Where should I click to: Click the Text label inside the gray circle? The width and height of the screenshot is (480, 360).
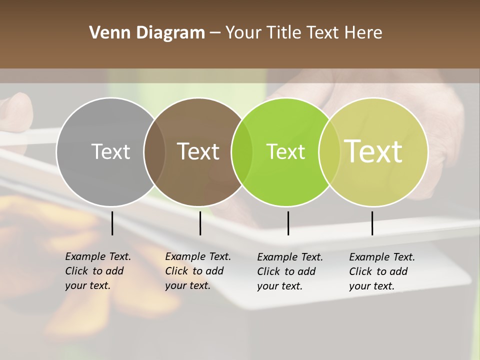(x=110, y=151)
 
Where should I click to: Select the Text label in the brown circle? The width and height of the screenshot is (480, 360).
(x=198, y=151)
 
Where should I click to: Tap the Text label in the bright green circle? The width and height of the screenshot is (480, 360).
(x=285, y=151)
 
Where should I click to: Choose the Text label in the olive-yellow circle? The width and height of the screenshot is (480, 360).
(x=373, y=151)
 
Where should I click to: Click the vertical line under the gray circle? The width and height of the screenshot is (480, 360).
(x=112, y=223)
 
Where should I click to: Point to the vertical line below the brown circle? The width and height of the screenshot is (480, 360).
(x=200, y=223)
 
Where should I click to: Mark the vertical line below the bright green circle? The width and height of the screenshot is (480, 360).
(x=288, y=223)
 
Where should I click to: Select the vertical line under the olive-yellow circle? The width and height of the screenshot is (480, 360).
(x=372, y=223)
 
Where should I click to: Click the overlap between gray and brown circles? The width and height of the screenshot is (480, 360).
(x=154, y=151)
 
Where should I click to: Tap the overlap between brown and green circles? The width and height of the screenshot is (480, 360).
(x=242, y=151)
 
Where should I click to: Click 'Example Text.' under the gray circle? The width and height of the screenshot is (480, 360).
(x=98, y=256)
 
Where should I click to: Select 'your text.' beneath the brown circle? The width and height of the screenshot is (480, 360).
(x=187, y=285)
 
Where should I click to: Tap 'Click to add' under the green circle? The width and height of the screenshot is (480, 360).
(x=286, y=271)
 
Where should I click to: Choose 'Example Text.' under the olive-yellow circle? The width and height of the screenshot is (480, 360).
(x=382, y=257)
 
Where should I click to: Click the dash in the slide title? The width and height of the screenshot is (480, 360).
(x=215, y=33)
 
